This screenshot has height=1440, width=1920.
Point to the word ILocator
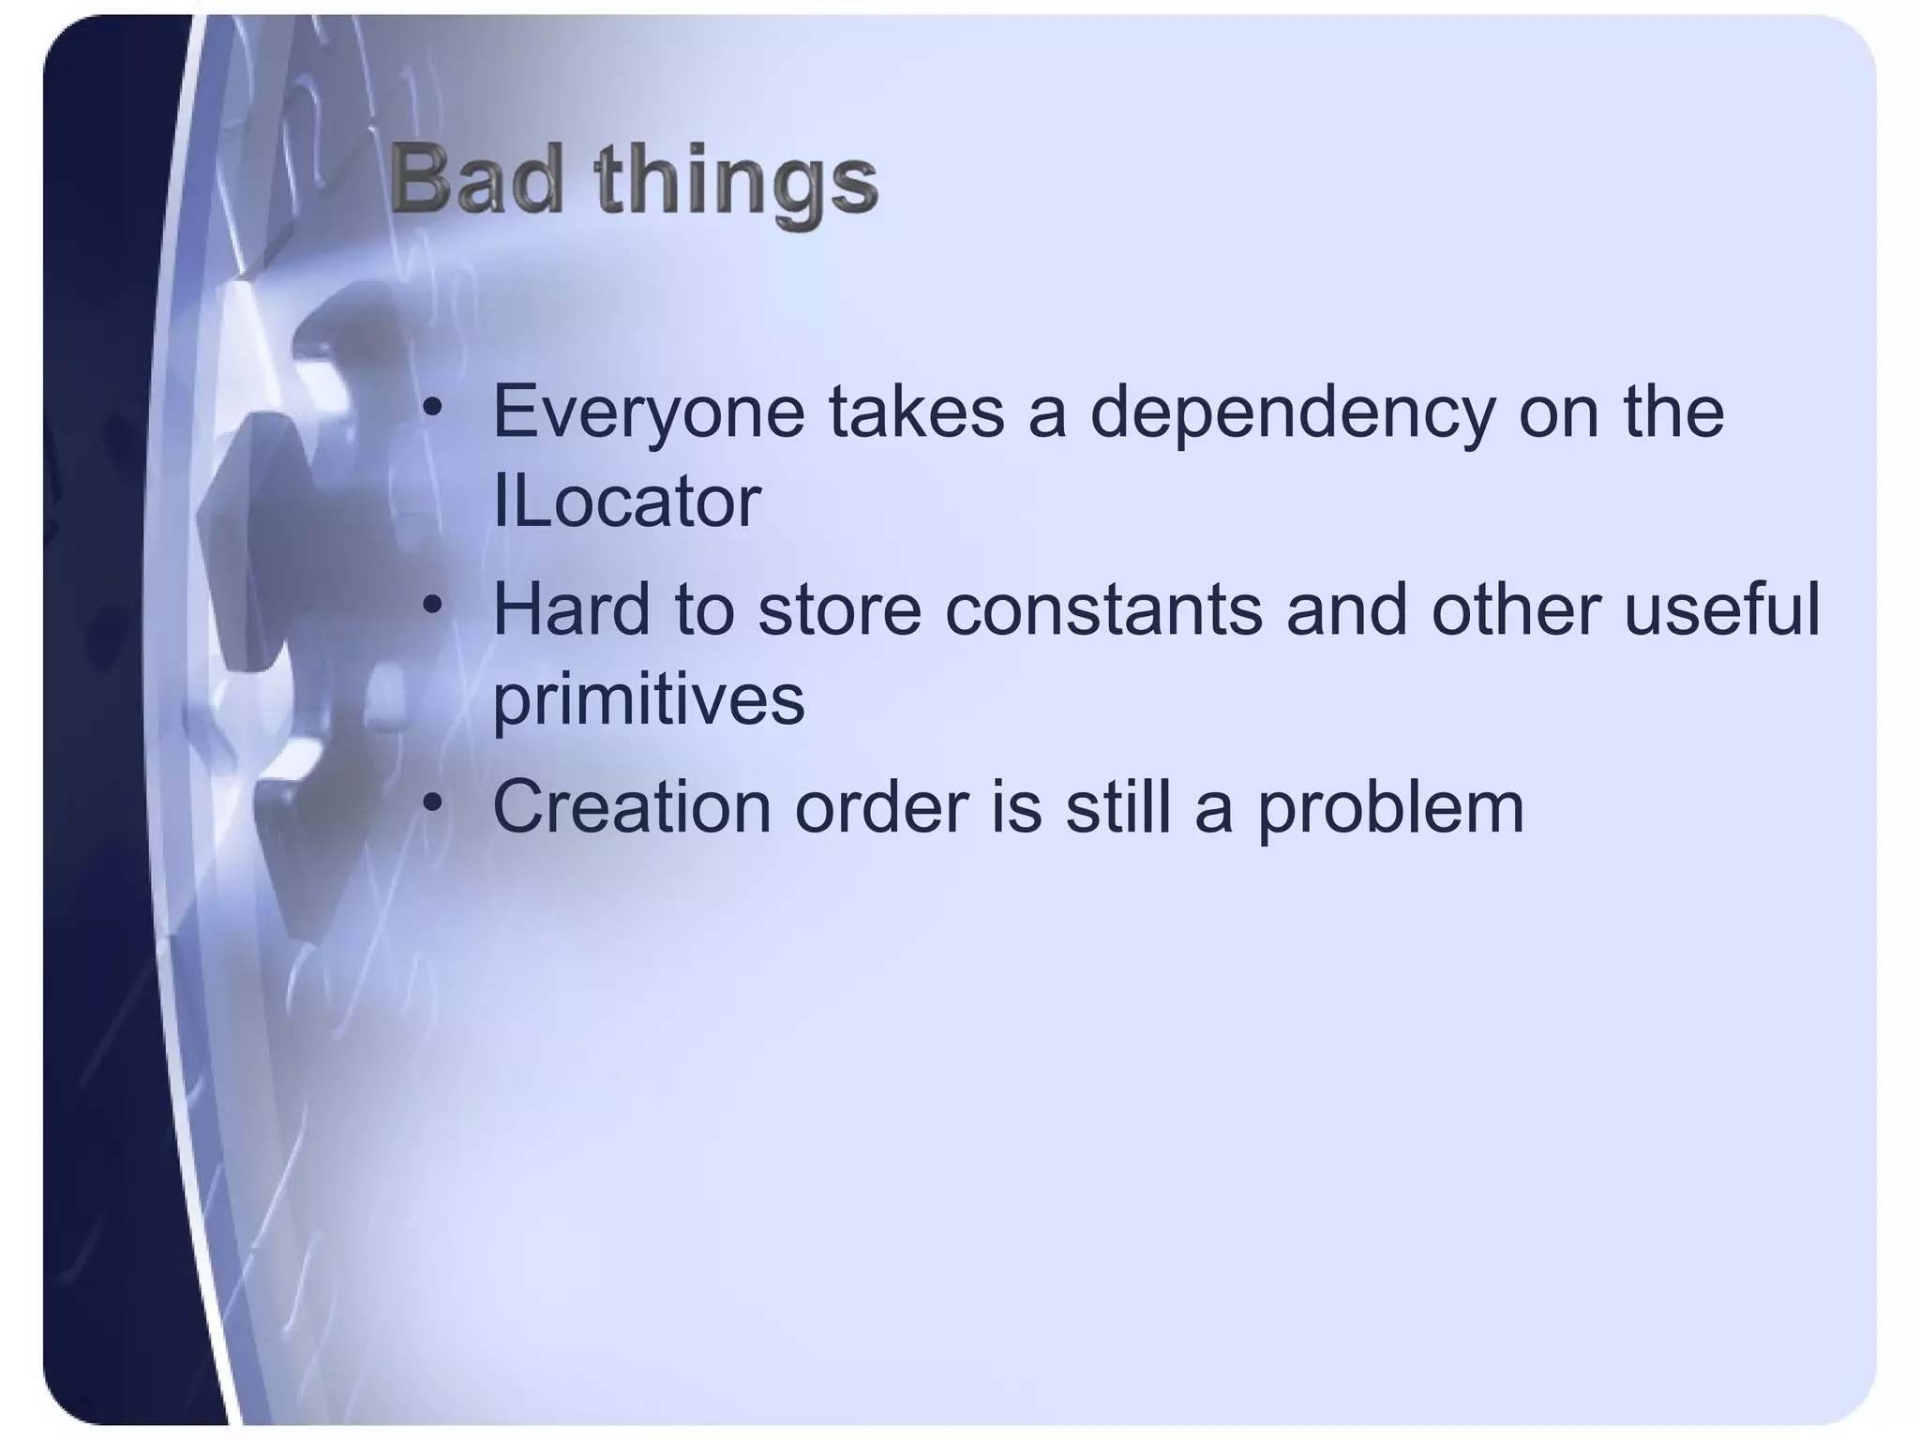coord(626,502)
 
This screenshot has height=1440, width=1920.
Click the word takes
coord(916,412)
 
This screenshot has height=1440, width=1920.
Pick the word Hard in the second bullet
coord(571,609)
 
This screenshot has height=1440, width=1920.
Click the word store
coord(839,609)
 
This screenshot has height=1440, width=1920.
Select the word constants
coord(1103,609)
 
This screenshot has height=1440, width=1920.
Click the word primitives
coord(649,699)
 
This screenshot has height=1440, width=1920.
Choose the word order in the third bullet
coord(881,806)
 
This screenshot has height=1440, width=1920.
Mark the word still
coord(1117,806)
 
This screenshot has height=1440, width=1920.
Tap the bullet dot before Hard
coord(431,605)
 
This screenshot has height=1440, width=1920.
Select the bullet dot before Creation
coord(431,802)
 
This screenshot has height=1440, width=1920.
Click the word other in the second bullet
coord(1515,609)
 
